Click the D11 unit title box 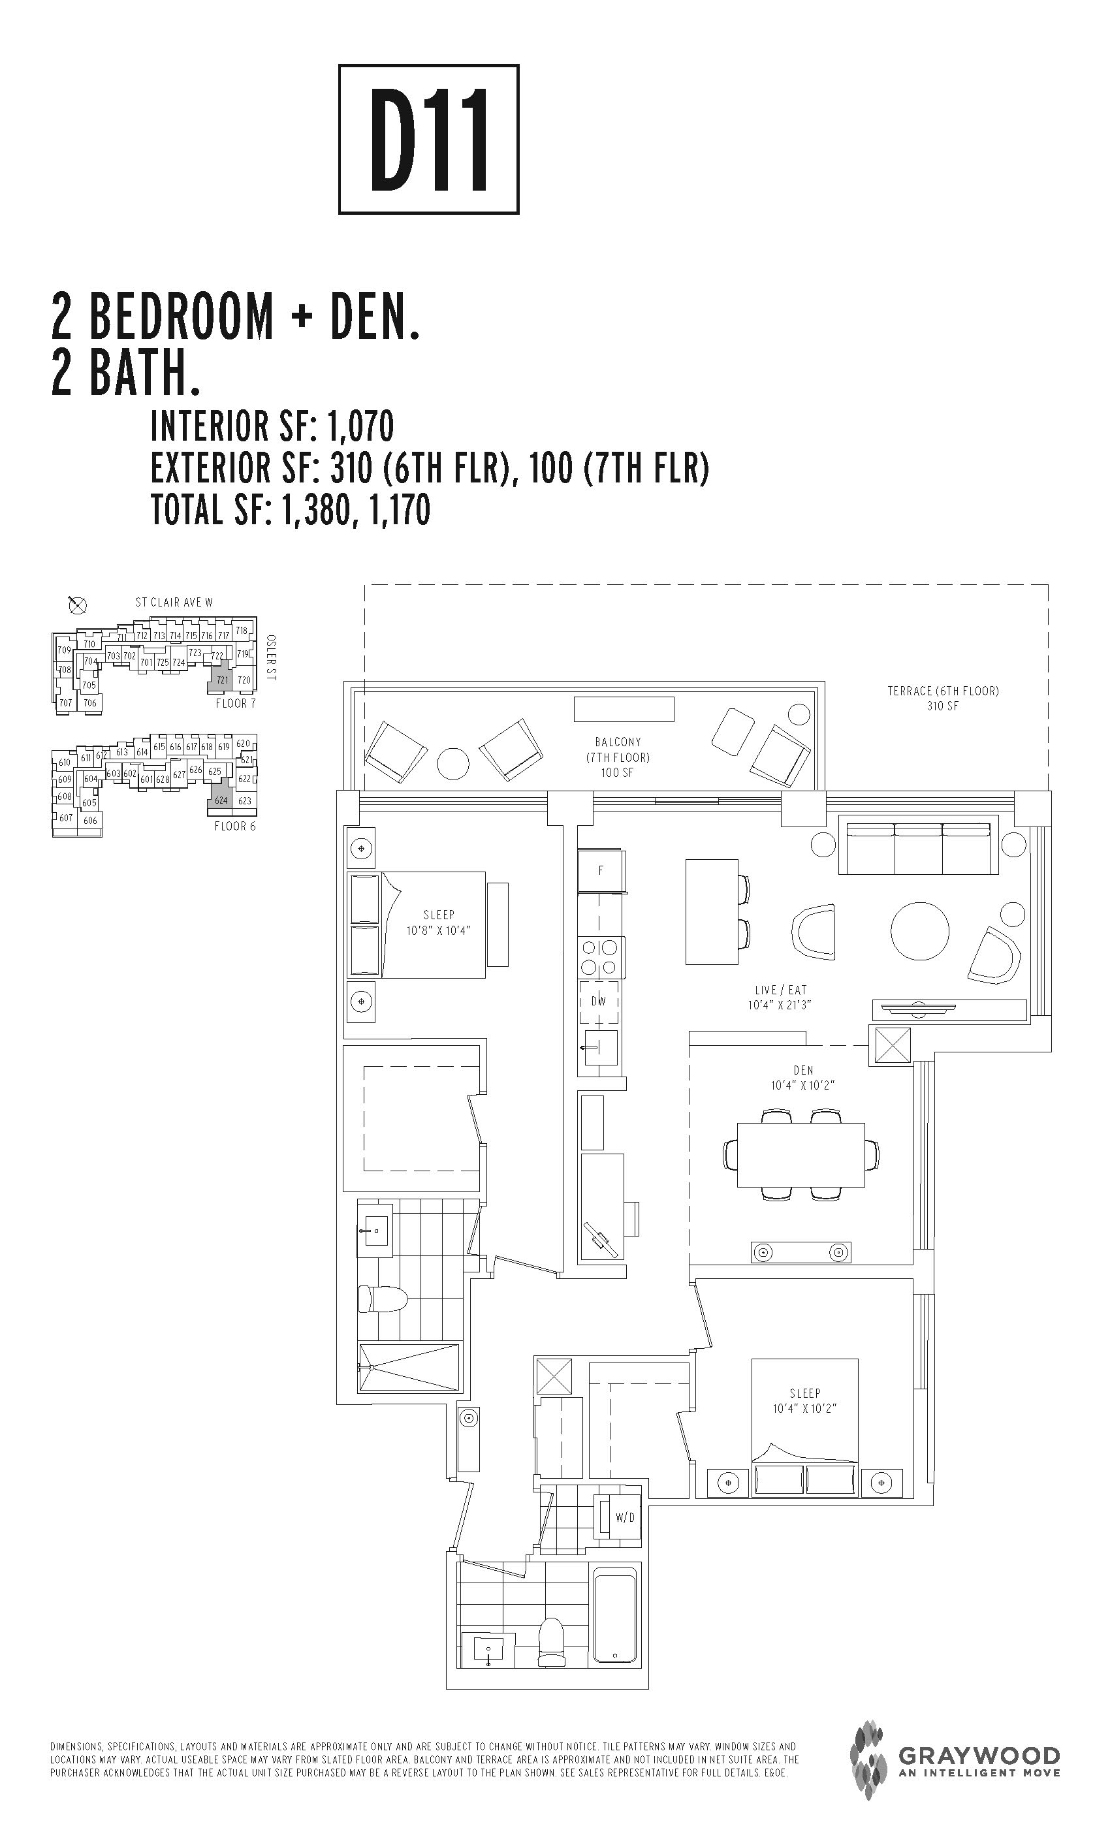(429, 140)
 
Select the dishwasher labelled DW (599, 1001)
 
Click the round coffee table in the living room (920, 931)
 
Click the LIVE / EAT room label (780, 990)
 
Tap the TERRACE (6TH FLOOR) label (943, 691)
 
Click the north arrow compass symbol (77, 605)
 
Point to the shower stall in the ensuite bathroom (409, 1367)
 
